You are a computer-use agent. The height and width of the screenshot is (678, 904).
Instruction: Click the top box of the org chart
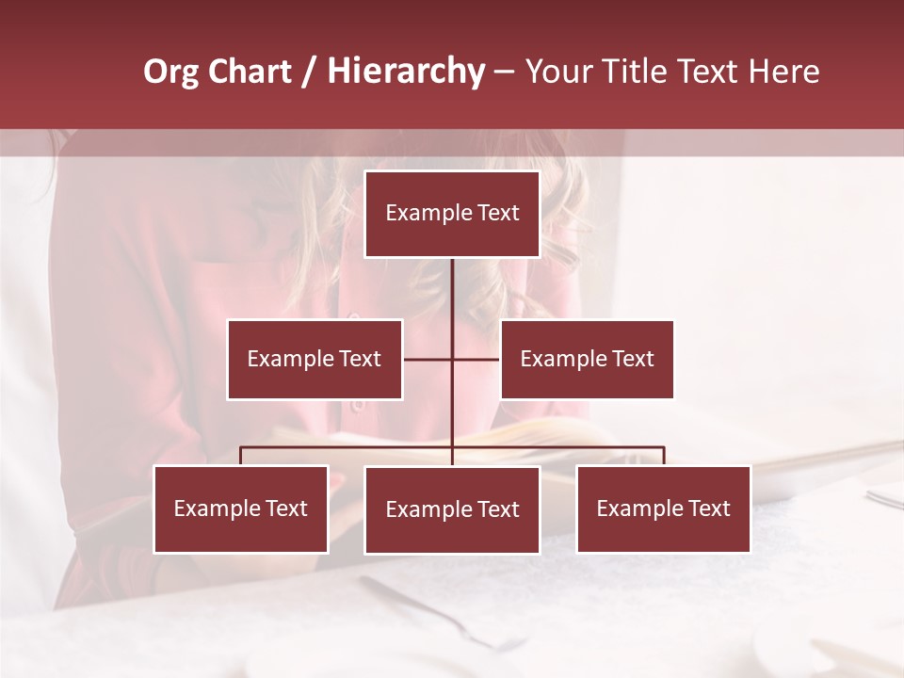pyautogui.click(x=452, y=214)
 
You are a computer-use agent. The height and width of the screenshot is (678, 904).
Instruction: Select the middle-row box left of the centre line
pyautogui.click(x=315, y=359)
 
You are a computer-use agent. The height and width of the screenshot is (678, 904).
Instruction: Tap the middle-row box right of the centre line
pyautogui.click(x=587, y=359)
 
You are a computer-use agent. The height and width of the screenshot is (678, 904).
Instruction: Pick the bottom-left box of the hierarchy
pyautogui.click(x=241, y=509)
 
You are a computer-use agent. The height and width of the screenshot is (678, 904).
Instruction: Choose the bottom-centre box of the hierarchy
pyautogui.click(x=452, y=510)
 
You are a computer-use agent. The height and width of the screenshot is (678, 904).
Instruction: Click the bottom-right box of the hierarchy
pyautogui.click(x=663, y=509)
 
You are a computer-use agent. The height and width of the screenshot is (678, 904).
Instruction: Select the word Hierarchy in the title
pyautogui.click(x=406, y=72)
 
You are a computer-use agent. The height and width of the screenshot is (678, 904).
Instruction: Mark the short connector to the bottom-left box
pyautogui.click(x=241, y=456)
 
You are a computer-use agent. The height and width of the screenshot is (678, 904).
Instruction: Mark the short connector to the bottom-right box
pyautogui.click(x=664, y=456)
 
